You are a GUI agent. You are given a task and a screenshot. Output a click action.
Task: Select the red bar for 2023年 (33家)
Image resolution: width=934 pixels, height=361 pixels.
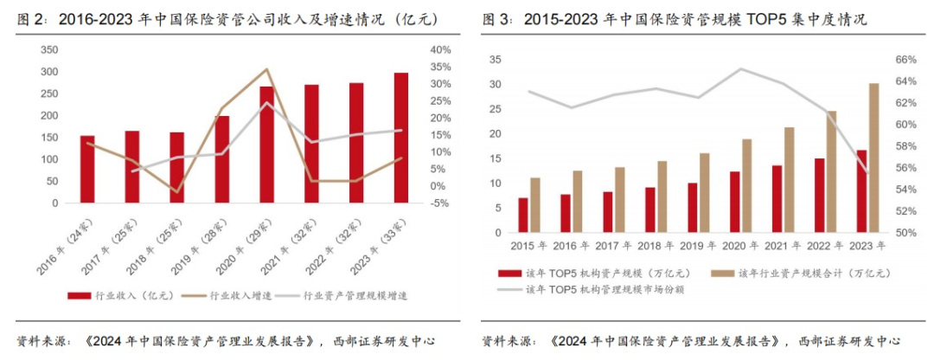[x=401, y=138]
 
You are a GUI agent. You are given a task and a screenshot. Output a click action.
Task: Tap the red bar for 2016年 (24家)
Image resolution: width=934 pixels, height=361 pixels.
[x=87, y=169]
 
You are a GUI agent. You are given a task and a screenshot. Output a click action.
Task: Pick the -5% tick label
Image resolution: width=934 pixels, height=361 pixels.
[x=439, y=203]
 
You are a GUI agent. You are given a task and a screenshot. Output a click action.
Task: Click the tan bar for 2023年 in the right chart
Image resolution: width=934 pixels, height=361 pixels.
[x=873, y=158]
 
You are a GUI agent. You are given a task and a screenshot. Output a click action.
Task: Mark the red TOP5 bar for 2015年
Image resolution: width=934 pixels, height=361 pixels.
[x=523, y=215]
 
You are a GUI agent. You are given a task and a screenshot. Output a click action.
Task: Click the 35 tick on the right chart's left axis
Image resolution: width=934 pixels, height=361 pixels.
[x=496, y=60]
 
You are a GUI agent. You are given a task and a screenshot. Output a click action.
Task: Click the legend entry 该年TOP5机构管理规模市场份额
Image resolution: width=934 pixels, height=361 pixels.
[x=605, y=289]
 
